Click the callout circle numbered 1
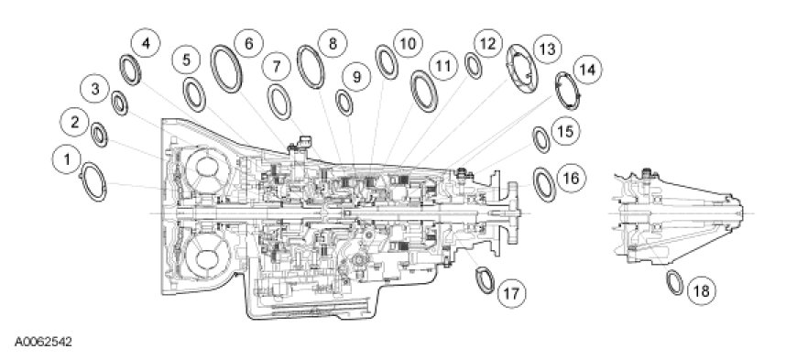point(67,159)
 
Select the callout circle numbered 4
point(146,43)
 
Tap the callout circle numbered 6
point(248,43)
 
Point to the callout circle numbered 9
point(356,77)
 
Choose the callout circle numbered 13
point(548,49)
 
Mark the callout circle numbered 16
point(572,179)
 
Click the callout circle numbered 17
point(511,293)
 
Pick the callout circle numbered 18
point(702,291)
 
